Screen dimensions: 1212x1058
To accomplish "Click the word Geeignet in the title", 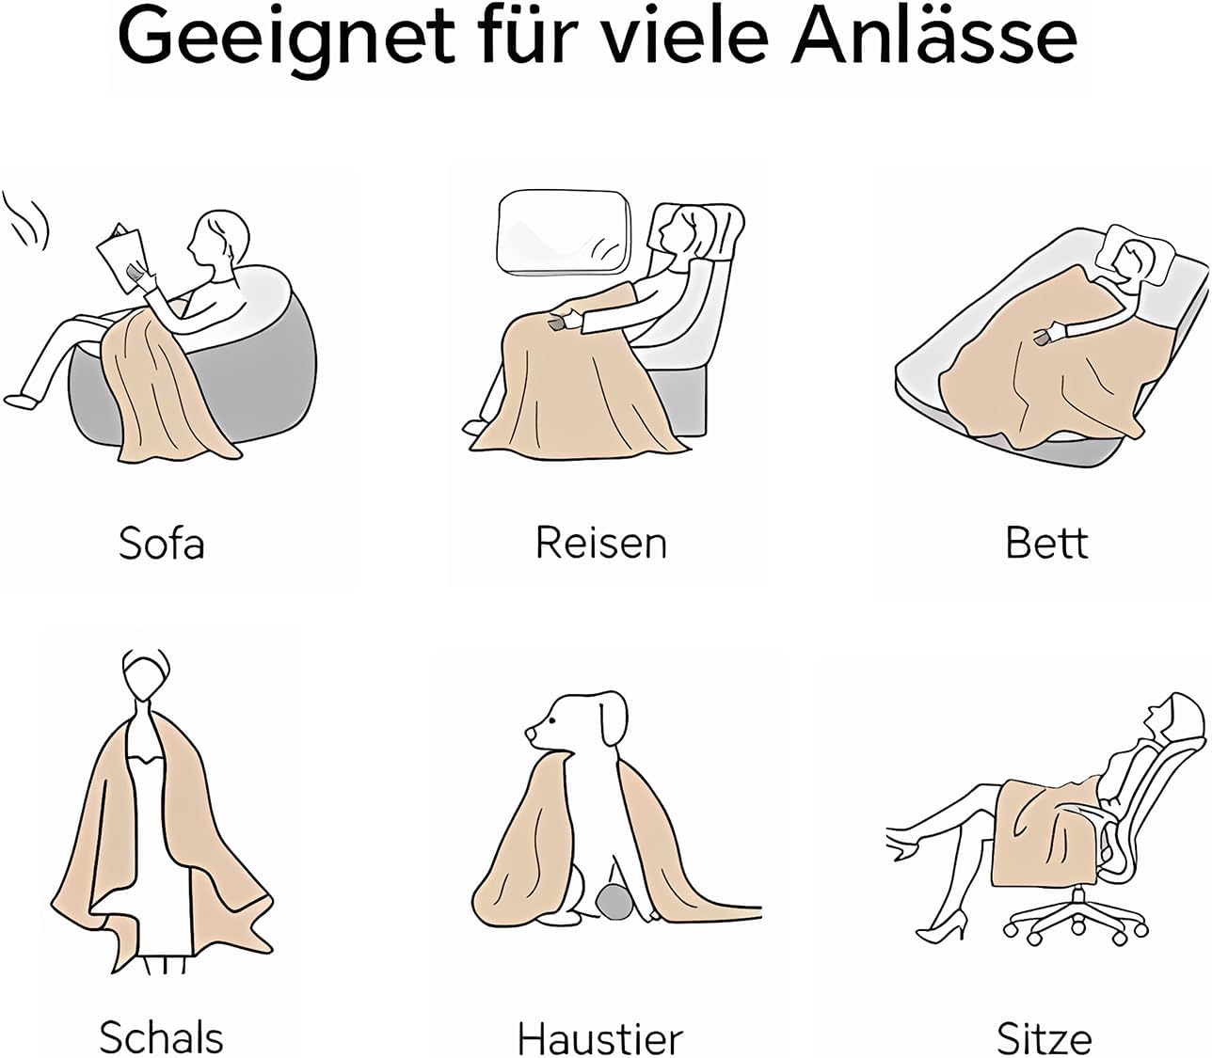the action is [286, 41].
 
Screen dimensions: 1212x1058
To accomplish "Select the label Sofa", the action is [162, 543].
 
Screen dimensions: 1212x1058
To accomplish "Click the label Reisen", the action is [601, 543].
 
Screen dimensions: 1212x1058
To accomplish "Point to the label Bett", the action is [1046, 543].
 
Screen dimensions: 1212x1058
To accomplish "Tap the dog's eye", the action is [551, 720].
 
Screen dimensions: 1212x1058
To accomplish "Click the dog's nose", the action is [530, 733].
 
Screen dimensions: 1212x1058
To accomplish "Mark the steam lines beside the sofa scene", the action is [26, 220].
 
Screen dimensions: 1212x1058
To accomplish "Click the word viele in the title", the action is [678, 36].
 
